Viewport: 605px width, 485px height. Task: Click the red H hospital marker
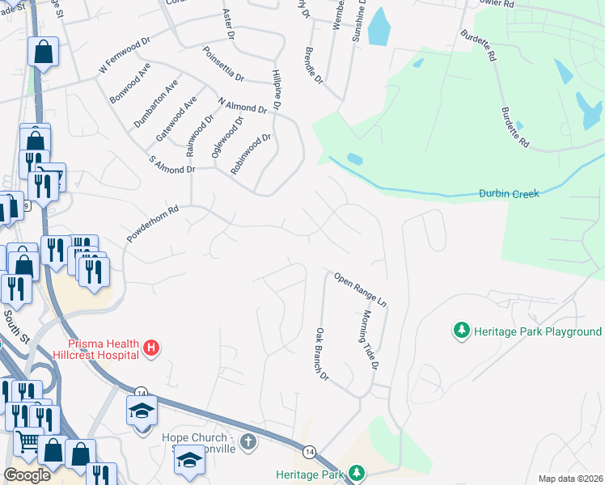150,348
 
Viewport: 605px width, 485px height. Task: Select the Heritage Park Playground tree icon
461,331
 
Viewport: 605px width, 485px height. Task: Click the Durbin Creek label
509,194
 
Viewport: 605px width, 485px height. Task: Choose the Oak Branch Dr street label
322,354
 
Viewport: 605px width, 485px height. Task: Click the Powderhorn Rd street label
152,223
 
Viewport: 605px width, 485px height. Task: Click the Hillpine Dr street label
276,89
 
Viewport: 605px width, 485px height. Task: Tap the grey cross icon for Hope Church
248,442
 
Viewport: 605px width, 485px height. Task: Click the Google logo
27,474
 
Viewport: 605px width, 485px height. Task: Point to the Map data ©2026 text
570,479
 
